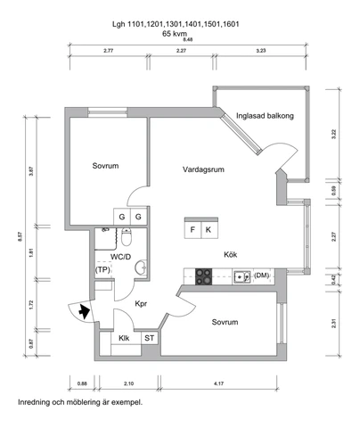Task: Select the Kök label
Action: click(204, 253)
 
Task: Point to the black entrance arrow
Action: click(84, 311)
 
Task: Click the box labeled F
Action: click(192, 229)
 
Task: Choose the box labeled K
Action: click(208, 229)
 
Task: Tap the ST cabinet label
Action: click(149, 338)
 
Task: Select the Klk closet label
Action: click(123, 338)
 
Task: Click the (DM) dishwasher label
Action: click(261, 276)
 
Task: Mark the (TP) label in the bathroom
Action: click(103, 269)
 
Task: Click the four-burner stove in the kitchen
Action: click(203, 276)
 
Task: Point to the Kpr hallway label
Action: click(141, 304)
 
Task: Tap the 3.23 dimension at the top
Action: click(260, 51)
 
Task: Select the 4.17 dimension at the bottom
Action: click(220, 383)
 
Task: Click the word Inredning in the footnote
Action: click(36, 403)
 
